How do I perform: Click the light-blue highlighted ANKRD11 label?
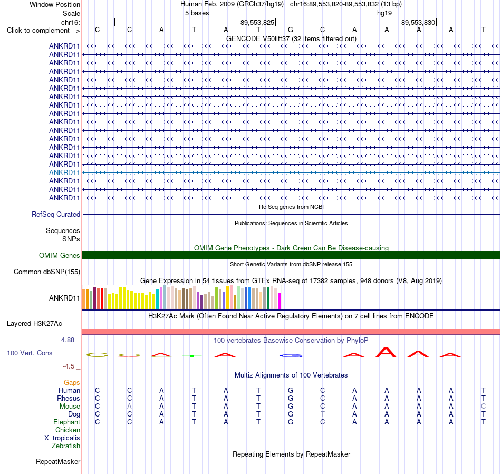[x=64, y=173]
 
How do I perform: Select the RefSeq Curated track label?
[x=56, y=214]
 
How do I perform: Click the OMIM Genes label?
[x=60, y=256]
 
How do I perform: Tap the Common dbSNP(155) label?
[x=47, y=272]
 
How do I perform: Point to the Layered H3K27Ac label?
[x=34, y=324]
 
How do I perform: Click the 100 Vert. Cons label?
[x=30, y=353]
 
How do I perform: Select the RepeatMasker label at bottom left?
[x=58, y=461]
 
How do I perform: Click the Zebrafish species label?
[x=66, y=446]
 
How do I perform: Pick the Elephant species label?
[x=67, y=422]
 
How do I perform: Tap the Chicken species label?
[x=68, y=430]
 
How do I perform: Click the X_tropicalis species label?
[x=62, y=438]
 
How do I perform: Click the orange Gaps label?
[x=72, y=382]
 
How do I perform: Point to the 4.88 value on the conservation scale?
[x=68, y=340]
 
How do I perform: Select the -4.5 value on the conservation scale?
[x=69, y=366]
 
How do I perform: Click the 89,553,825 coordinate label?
[x=257, y=22]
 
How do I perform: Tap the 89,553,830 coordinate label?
[x=418, y=22]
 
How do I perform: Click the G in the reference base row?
[x=291, y=30]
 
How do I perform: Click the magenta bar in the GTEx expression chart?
[x=280, y=301]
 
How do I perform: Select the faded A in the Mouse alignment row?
[x=129, y=407]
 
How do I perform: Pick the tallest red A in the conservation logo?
[x=386, y=353]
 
